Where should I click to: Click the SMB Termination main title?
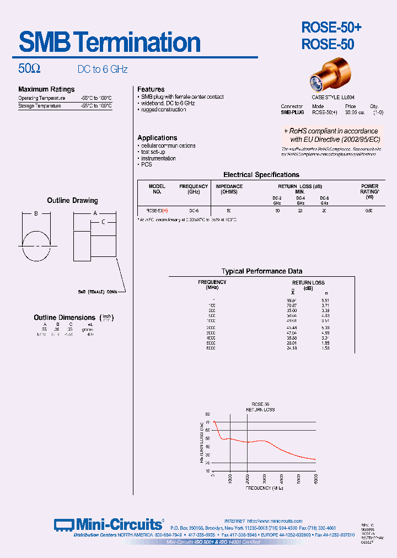pos(110,42)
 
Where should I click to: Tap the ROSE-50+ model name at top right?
pos(331,27)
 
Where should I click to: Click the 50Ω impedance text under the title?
pos(29,69)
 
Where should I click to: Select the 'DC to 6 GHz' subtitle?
pos(102,69)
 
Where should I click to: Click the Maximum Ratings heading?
pos(46,89)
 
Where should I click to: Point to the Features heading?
pos(151,89)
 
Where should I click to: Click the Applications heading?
pos(157,138)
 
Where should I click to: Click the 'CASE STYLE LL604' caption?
pos(333,97)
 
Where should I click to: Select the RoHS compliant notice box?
pos(331,135)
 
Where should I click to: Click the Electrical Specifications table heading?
pos(261,175)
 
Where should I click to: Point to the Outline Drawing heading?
pos(72,201)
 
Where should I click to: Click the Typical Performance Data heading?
pos(261,271)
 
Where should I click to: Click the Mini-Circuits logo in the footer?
pos(109,524)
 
